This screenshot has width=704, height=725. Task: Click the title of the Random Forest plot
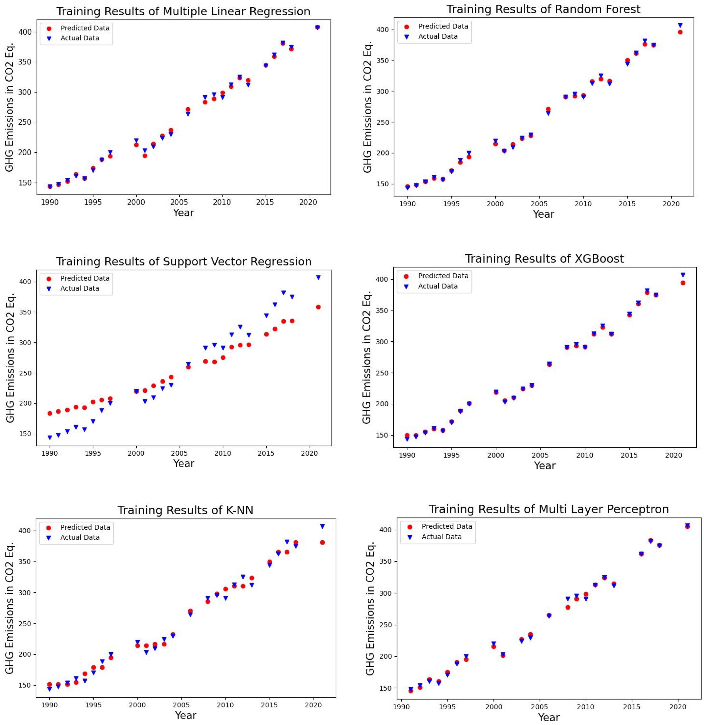click(x=543, y=9)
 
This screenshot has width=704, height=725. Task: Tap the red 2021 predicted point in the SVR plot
click(x=318, y=307)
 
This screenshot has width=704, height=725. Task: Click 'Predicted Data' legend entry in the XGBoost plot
click(x=443, y=276)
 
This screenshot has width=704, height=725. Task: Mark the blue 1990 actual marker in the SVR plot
click(x=50, y=438)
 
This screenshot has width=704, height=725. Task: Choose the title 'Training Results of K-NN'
click(x=185, y=510)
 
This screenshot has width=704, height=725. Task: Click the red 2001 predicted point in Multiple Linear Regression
click(x=145, y=155)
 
